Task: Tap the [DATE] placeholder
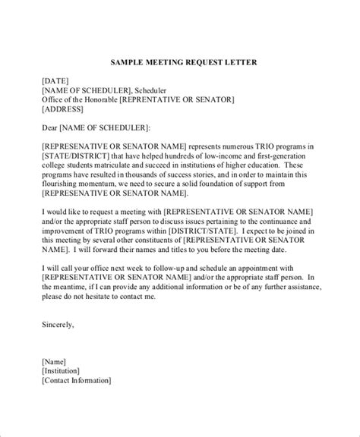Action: [35, 78]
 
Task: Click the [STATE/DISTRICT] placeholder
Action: [57, 156]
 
